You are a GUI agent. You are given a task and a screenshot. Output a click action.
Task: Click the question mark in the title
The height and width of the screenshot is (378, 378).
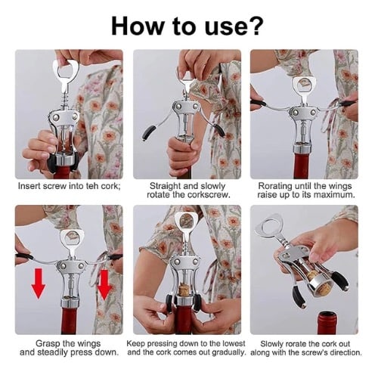click(256, 26)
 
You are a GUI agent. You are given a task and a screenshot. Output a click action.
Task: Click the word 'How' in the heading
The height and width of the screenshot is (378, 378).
click(137, 26)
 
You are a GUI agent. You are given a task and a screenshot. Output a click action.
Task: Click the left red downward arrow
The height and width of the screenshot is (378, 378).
click(38, 283)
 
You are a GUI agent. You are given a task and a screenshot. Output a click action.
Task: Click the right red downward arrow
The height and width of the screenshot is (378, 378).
click(104, 285)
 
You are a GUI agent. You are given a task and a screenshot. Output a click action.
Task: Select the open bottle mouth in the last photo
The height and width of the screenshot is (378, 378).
click(327, 315)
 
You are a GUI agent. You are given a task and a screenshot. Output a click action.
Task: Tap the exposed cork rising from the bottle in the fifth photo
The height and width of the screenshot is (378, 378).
click(184, 290)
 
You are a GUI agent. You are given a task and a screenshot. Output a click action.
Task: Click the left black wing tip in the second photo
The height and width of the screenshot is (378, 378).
click(147, 133)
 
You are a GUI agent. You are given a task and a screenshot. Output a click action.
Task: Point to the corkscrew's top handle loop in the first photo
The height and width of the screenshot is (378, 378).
click(66, 69)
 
